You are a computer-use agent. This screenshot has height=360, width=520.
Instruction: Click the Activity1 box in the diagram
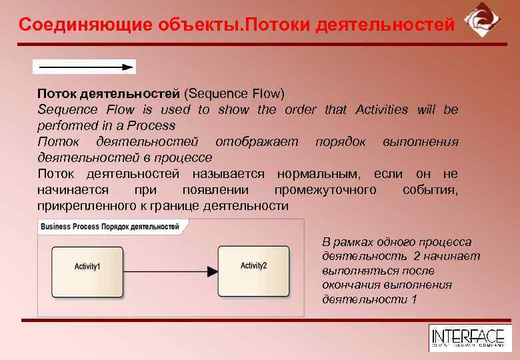(x=87, y=267)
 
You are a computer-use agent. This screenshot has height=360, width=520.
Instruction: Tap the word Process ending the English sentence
(x=155, y=125)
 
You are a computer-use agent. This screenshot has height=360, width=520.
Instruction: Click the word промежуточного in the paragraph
(x=325, y=191)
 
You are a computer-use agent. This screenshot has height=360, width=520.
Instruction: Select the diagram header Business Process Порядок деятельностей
(x=110, y=227)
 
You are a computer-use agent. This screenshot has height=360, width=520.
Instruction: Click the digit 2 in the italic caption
(x=417, y=257)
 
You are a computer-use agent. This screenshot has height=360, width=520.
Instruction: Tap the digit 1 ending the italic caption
(x=414, y=299)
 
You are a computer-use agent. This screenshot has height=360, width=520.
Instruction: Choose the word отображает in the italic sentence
(x=257, y=142)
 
